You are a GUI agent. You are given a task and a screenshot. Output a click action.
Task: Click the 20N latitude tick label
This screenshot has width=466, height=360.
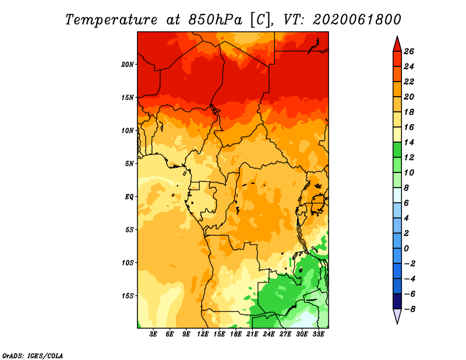pos(128,65)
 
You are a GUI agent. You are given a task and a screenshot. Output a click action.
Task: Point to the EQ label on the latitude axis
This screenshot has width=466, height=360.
pos(129,197)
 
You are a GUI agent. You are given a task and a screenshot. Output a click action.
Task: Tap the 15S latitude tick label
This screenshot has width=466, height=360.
pos(128,296)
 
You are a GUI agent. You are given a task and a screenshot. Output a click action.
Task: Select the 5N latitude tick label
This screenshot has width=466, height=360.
pos(129,164)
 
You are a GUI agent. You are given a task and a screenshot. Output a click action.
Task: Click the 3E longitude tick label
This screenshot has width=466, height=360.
pos(153,334)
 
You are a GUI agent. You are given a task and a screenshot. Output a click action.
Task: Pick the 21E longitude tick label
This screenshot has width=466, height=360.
pos(252,334)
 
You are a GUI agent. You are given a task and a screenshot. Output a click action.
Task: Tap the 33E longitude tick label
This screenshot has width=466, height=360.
pos(318,334)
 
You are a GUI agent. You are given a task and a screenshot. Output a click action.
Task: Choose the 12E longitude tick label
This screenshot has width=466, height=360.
pos(203,334)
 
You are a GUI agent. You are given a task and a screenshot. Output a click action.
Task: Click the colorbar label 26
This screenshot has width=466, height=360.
pos(409,51)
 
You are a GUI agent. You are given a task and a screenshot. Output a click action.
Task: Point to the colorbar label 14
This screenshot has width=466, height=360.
pos(409,142)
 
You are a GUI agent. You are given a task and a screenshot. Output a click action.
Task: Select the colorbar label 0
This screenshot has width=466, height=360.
pos(406,248)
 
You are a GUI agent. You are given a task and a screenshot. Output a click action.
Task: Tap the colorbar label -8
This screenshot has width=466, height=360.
pos(409,309)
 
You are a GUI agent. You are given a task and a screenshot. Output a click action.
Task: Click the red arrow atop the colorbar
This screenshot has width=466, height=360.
pos(397,45)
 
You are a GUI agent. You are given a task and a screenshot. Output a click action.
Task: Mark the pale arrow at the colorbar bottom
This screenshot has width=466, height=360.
pos(397,315)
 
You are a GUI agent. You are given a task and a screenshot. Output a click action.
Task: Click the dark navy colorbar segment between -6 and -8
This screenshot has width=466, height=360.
pos(397,301)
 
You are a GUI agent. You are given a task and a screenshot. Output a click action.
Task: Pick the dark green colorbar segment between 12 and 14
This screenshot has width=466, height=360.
pos(397,150)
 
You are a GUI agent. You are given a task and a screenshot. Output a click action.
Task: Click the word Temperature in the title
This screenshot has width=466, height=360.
pos(111,20)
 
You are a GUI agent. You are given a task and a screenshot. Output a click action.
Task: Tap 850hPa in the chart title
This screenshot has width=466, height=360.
pos(215,20)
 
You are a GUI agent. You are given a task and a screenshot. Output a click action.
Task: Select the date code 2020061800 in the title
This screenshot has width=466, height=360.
pos(357,20)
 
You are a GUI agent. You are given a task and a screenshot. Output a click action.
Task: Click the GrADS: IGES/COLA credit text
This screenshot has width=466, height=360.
pos(33,356)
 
